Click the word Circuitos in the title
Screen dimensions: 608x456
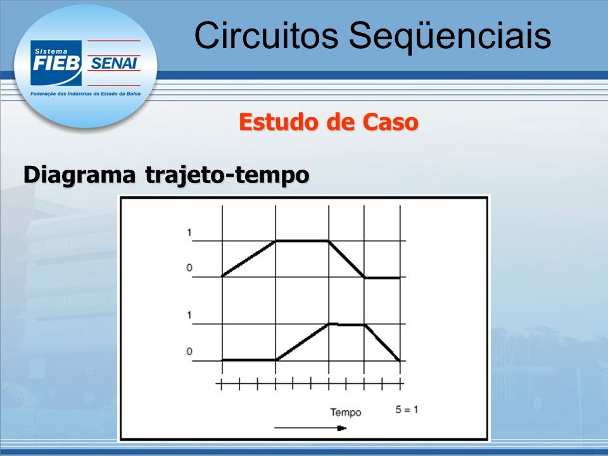267,35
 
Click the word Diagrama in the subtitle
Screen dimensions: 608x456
80,175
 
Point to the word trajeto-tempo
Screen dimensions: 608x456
227,175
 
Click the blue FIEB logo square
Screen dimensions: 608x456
56,63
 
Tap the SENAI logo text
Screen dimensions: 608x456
113,63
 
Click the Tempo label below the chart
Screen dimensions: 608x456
346,412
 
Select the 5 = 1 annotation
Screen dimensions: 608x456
407,410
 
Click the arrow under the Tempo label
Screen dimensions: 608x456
310,428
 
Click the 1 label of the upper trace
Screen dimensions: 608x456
189,232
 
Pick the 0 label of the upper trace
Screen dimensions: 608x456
189,267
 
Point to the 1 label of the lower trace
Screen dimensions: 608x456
189,315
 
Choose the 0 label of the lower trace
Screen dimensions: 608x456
189,351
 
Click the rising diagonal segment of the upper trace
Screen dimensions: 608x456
248,258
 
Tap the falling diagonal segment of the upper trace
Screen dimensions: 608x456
346,259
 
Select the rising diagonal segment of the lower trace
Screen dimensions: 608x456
303,341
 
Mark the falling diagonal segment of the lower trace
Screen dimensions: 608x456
383,343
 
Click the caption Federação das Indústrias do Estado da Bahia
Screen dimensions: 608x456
85,94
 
